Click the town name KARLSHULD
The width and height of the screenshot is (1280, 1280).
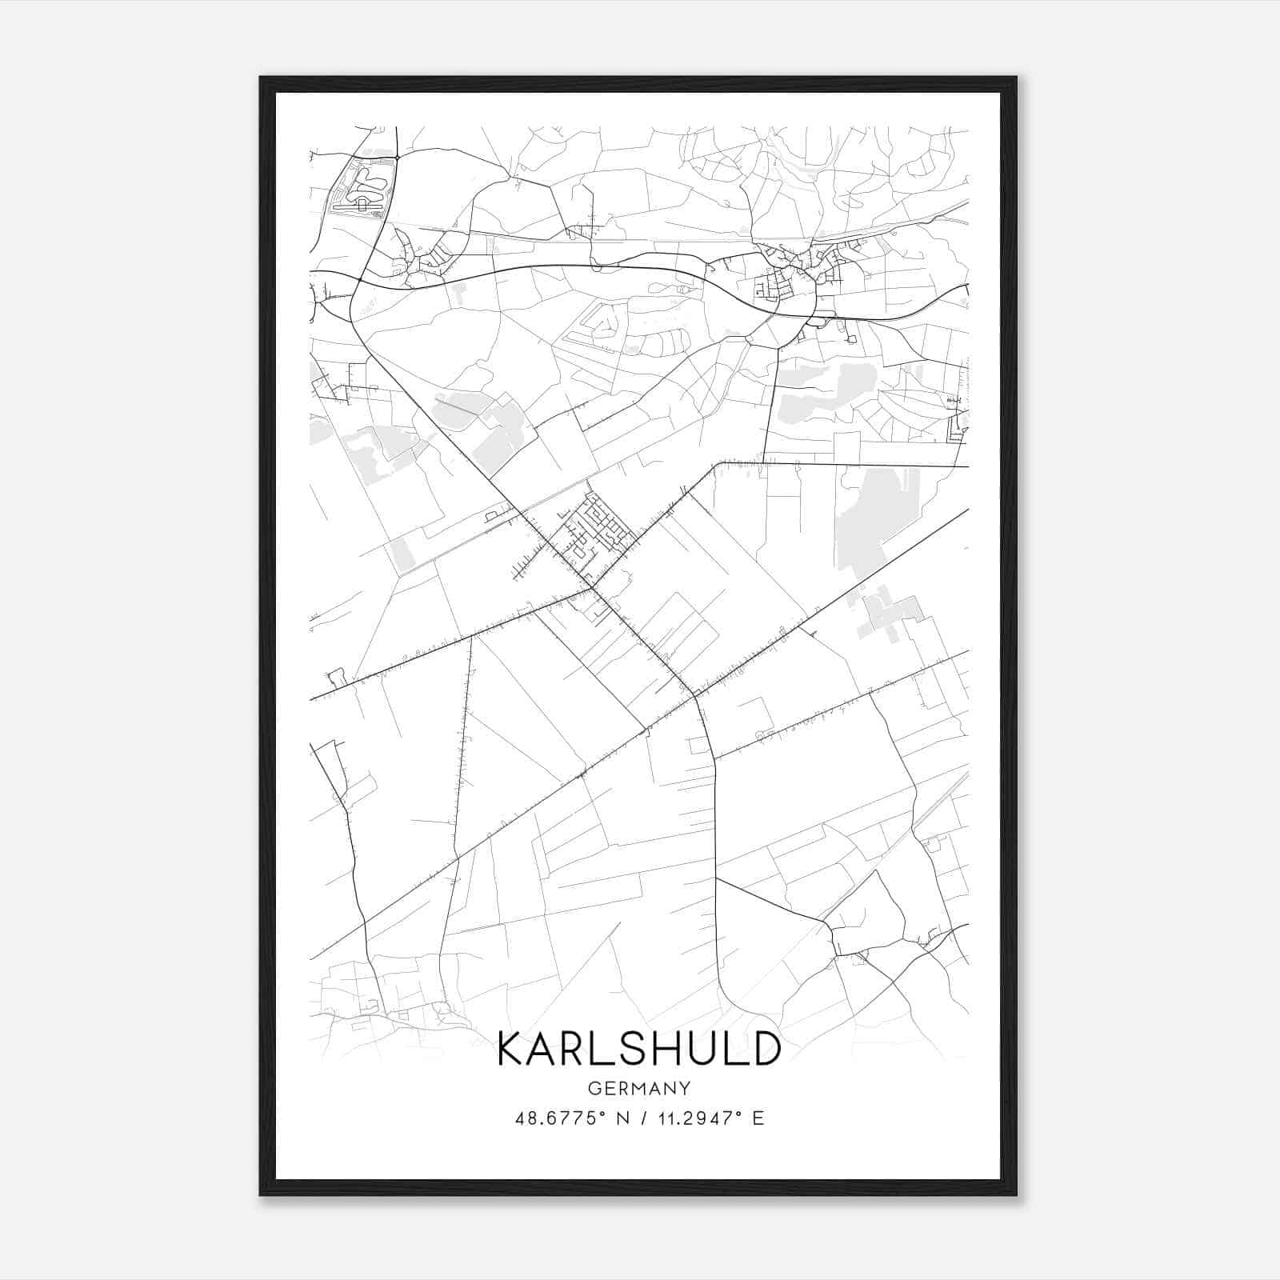638,1049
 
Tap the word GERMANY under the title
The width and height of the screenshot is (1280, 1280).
638,1089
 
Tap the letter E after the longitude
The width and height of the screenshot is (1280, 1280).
758,1118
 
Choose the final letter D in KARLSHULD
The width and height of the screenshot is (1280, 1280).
765,1049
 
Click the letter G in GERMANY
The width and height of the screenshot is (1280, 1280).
593,1089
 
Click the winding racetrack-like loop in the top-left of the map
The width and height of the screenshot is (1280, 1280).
365,186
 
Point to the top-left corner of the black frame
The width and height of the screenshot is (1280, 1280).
261,78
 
